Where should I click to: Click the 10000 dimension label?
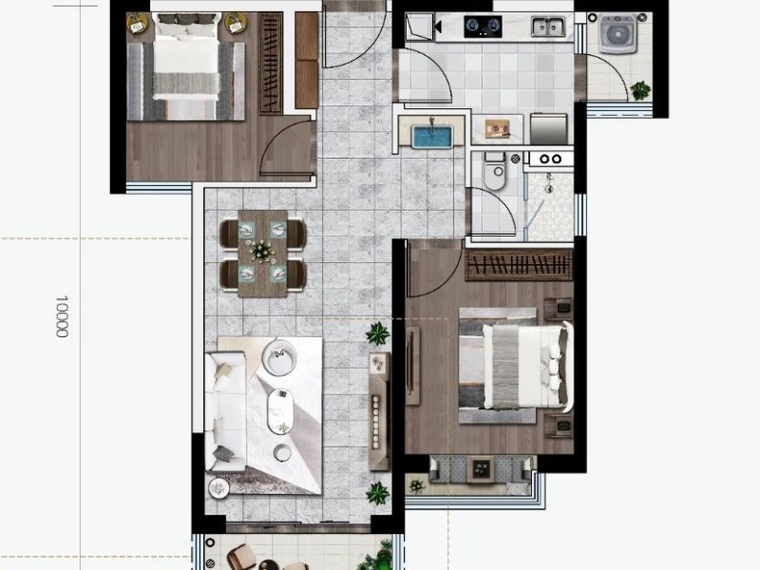point(62,316)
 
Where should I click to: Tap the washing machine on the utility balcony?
point(617,33)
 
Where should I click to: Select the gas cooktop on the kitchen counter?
point(483,27)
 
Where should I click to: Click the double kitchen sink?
point(548,27)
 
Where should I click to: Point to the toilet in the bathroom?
point(494,171)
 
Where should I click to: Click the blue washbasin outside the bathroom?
point(432,136)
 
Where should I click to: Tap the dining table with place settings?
point(263,253)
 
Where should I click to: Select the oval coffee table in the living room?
point(279,411)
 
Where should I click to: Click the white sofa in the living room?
point(225,412)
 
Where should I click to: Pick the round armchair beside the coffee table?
point(278,357)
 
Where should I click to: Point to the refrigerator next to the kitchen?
point(549,128)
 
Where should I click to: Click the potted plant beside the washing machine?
point(640,90)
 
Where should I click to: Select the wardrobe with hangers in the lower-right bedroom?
point(519,265)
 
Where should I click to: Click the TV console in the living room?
point(379,412)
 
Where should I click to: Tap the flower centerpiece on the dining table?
point(262,251)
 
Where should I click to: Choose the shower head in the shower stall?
point(549,182)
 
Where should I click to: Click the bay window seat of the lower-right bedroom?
point(483,469)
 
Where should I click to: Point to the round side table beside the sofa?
point(218,487)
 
